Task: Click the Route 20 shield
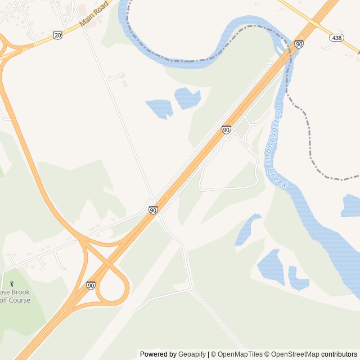click(57, 35)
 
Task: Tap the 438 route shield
click(336, 37)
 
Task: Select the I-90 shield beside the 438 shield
click(299, 44)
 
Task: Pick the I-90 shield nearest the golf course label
click(91, 286)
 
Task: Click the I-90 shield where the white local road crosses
click(153, 210)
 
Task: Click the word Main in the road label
click(86, 21)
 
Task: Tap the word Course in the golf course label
click(19, 300)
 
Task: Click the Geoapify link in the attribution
click(192, 354)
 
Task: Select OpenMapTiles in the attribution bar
click(240, 354)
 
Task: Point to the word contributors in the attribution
click(339, 354)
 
